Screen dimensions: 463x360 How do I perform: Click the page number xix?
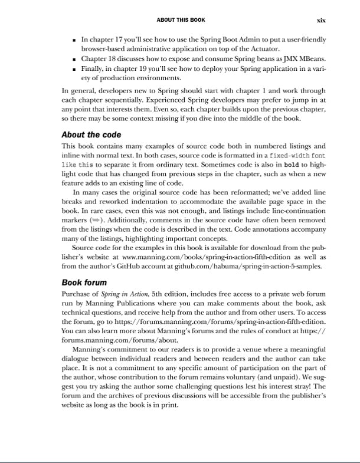(x=321, y=20)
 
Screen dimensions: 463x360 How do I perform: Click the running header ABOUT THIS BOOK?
(x=181, y=20)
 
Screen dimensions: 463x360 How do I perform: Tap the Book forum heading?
(x=84, y=283)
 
